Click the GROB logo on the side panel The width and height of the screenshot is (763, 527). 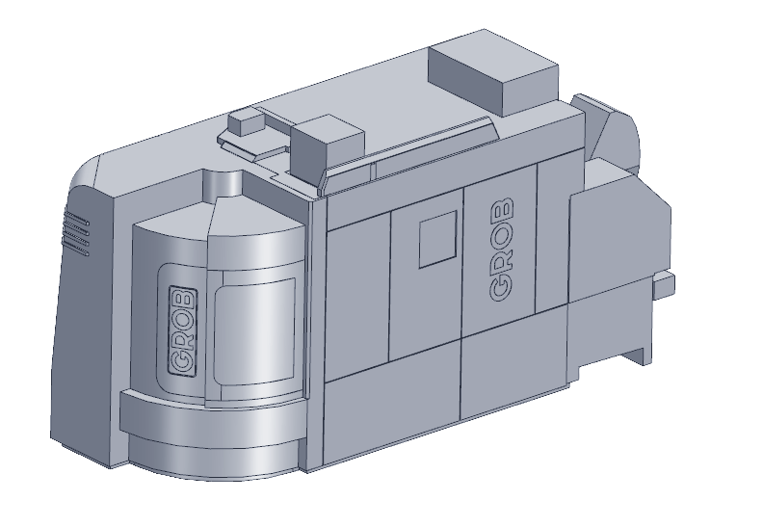(501, 250)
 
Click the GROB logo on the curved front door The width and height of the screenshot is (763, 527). (183, 330)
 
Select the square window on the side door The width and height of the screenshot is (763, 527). (438, 239)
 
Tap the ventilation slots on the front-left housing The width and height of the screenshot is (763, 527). (77, 233)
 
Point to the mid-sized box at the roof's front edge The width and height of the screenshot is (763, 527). (328, 142)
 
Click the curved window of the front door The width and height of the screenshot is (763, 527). (255, 329)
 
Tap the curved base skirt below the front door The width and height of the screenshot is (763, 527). (214, 435)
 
